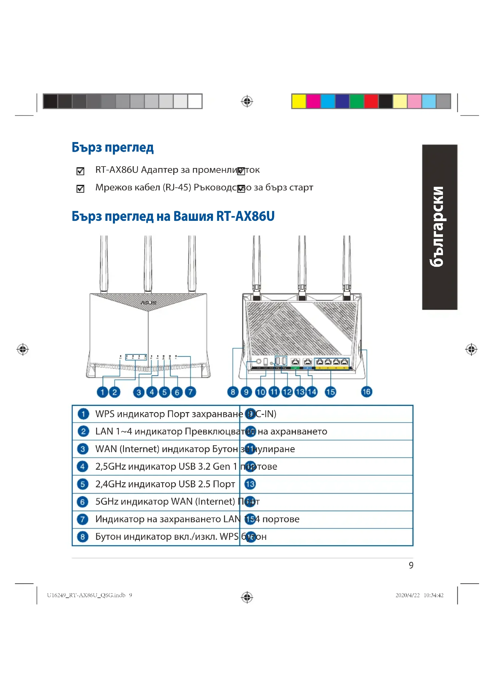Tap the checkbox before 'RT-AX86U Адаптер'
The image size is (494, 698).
click(80, 171)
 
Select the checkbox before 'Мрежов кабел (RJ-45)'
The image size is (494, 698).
click(80, 189)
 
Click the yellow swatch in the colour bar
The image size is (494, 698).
click(299, 101)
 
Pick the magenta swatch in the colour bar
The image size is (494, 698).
click(313, 101)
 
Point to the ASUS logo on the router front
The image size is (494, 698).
click(148, 303)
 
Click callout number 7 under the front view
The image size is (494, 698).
click(191, 392)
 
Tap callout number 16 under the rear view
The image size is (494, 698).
click(366, 392)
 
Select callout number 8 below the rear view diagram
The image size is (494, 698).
click(233, 392)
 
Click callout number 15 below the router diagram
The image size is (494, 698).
click(330, 392)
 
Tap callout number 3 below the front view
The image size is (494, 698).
click(139, 392)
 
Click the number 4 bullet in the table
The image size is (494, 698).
click(83, 466)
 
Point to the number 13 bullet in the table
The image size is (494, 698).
click(250, 484)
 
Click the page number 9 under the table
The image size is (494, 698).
click(411, 566)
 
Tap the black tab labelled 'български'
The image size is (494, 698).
click(440, 227)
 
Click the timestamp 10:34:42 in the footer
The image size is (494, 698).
click(433, 595)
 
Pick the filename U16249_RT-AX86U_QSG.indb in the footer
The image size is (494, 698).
click(86, 595)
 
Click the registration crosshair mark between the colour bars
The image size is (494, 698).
click(247, 101)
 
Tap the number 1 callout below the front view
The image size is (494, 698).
click(102, 392)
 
